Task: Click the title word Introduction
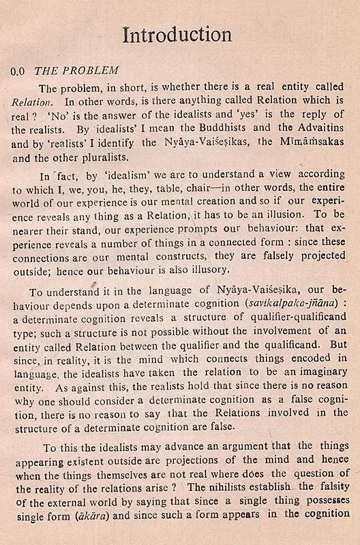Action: coord(177,34)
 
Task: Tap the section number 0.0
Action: coord(21,71)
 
